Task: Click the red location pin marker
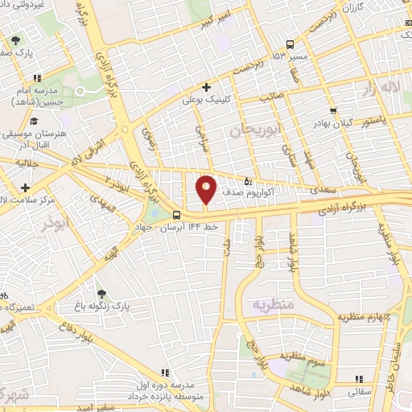(x=206, y=189)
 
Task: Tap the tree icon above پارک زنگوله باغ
(x=101, y=295)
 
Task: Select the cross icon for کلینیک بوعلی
(x=207, y=87)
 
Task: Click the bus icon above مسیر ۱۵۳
(x=290, y=44)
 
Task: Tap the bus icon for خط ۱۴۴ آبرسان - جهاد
(x=176, y=214)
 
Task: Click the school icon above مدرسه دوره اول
(x=164, y=373)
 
